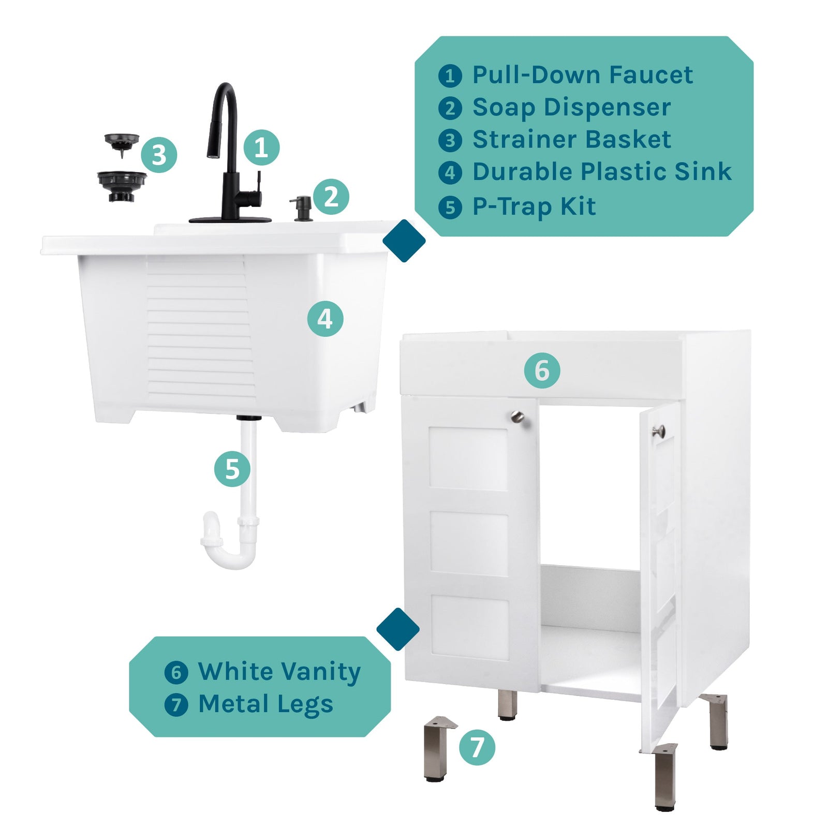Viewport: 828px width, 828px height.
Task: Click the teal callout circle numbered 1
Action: click(x=261, y=147)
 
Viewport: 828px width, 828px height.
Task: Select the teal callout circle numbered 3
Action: click(x=159, y=155)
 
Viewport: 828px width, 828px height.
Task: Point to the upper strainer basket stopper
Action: click(x=122, y=142)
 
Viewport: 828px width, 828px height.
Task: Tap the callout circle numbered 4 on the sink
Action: click(x=325, y=319)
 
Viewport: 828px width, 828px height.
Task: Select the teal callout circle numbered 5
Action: click(x=232, y=469)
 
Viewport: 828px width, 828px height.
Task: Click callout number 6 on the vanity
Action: click(x=542, y=371)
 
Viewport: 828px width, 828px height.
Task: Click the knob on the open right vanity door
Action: click(x=658, y=431)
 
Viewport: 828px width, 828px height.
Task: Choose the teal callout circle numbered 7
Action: click(x=477, y=747)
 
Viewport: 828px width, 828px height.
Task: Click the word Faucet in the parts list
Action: click(x=650, y=75)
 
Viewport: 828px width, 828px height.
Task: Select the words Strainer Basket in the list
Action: click(x=571, y=140)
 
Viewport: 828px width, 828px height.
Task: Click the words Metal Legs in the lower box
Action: click(x=265, y=704)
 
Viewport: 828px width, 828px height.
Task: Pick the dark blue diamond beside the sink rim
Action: click(x=404, y=241)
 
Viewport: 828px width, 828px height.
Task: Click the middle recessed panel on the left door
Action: click(x=469, y=543)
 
